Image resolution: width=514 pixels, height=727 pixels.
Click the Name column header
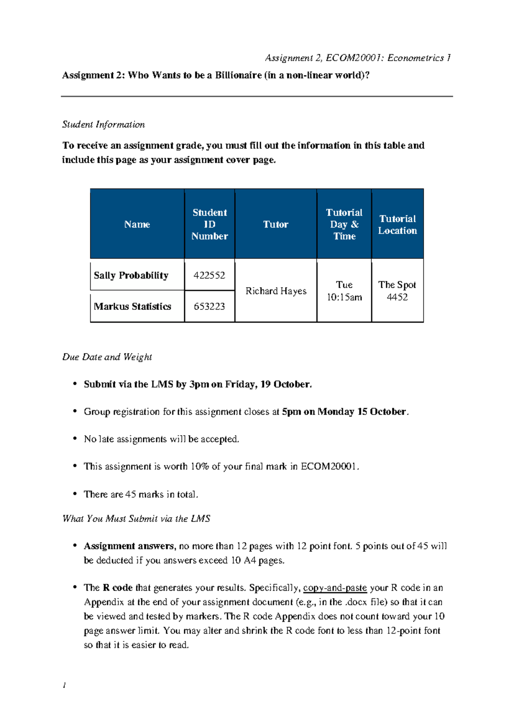coord(137,224)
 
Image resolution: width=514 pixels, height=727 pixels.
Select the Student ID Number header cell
coord(209,224)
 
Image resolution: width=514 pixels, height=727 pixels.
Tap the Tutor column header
coord(275,224)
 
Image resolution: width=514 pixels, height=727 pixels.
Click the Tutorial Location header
coord(397,225)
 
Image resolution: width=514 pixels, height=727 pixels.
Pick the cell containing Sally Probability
coord(131,275)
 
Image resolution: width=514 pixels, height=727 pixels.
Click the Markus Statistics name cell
coord(132,306)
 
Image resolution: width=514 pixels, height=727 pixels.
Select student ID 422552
coord(209,275)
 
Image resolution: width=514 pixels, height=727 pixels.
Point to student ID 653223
coord(209,306)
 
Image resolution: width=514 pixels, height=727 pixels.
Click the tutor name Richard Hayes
coord(276,291)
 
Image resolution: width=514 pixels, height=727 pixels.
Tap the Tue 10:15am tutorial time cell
coord(344,291)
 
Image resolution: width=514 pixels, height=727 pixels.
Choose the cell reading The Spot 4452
coord(397,291)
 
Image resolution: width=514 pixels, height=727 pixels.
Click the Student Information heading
coord(103,125)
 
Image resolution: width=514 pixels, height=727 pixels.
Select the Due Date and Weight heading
coord(107,357)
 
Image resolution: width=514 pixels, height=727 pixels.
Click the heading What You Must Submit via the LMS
coord(136,519)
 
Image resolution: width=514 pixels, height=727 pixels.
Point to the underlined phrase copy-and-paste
coord(335,588)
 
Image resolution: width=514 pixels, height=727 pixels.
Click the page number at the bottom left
coord(64,685)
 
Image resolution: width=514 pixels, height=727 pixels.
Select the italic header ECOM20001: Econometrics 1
coord(388,58)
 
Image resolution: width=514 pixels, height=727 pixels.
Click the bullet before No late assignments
coord(75,439)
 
